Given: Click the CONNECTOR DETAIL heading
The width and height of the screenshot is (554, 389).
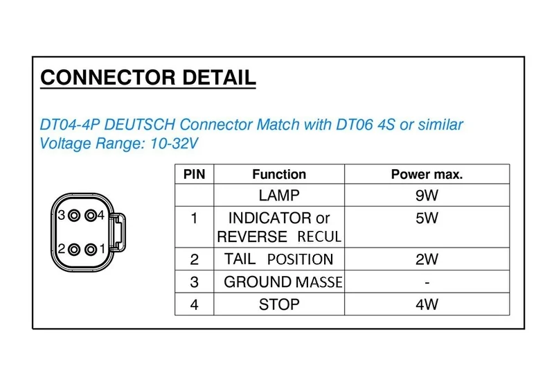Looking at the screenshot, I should click(148, 77).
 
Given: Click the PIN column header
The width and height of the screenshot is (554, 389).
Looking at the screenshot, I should click(194, 174).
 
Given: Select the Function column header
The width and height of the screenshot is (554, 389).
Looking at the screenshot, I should click(278, 174).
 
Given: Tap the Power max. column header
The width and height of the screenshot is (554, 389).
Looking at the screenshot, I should click(427, 174).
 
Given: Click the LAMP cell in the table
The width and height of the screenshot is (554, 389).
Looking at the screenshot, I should click(278, 196).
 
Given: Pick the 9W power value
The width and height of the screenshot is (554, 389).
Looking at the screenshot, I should click(427, 196).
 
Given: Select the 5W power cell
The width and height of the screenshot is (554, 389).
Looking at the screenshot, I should click(427, 218).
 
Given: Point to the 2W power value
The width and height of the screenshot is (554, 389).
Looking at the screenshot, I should click(427, 260).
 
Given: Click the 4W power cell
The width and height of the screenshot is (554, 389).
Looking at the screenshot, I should click(427, 304).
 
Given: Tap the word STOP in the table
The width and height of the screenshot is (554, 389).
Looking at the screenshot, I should click(278, 304).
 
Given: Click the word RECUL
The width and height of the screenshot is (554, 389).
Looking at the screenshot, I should click(319, 237).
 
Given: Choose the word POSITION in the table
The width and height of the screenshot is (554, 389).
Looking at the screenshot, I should click(300, 260).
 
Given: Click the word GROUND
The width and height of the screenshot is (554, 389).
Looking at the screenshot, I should click(258, 282).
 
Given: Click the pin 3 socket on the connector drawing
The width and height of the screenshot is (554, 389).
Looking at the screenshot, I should click(74, 216).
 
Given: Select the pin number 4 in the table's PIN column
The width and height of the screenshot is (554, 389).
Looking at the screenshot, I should click(194, 304).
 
